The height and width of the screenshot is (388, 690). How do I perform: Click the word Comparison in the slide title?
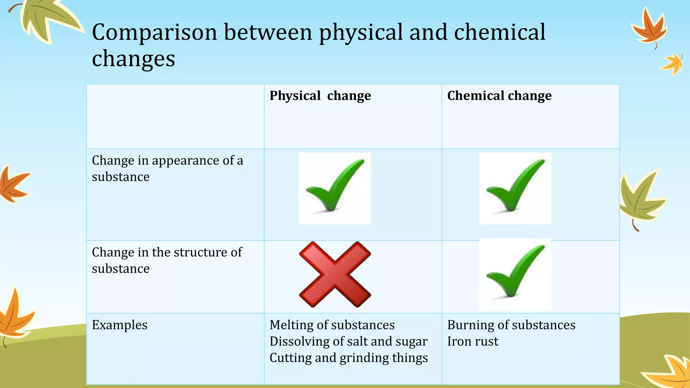tap(154, 33)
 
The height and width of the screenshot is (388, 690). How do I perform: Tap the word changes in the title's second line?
tap(133, 59)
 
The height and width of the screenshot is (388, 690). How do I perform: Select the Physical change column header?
tap(320, 96)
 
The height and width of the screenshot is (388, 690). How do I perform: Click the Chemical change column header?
tap(499, 96)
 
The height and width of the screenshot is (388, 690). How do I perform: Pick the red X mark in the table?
tap(335, 274)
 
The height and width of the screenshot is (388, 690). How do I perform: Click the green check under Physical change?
tap(335, 188)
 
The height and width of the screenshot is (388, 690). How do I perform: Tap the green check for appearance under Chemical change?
tap(515, 188)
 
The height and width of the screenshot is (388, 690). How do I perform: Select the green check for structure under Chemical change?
tap(515, 274)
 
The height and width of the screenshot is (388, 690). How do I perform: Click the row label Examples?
tap(120, 325)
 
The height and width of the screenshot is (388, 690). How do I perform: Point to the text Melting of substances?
tap(332, 325)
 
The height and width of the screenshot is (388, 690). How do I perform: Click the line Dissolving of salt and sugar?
tap(348, 342)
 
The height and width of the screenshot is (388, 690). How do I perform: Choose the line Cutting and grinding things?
tap(349, 358)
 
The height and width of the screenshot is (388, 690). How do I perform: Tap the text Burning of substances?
tap(511, 325)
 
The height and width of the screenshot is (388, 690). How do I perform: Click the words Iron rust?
tap(473, 342)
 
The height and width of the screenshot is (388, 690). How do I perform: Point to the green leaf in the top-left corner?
tap(47, 19)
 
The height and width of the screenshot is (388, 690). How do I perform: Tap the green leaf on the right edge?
tap(640, 199)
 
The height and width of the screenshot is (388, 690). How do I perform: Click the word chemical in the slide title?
tap(500, 33)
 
